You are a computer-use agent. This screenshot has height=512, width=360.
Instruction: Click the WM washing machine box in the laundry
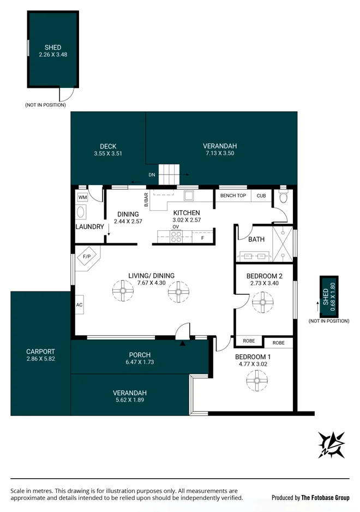pyautogui.click(x=82, y=197)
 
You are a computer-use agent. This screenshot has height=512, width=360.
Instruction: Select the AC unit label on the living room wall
pyautogui.click(x=79, y=305)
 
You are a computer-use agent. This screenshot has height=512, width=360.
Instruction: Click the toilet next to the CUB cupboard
pyautogui.click(x=282, y=199)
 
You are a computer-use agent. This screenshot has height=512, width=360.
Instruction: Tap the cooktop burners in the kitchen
pyautogui.click(x=177, y=236)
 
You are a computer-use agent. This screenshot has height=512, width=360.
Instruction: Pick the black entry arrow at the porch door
pyautogui.click(x=183, y=343)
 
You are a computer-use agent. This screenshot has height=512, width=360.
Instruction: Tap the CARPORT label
pyautogui.click(x=40, y=352)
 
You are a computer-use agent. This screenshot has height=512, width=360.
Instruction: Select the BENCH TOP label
pyautogui.click(x=233, y=195)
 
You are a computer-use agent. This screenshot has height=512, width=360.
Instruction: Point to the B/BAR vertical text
pyautogui.click(x=146, y=200)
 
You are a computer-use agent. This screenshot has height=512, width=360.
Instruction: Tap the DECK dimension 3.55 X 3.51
pyautogui.click(x=107, y=154)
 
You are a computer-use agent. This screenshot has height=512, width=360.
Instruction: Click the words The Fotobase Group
pyautogui.click(x=325, y=497)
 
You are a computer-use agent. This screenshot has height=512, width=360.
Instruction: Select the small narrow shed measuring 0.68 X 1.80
pyautogui.click(x=328, y=295)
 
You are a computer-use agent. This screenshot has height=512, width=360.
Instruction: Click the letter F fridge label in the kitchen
pyautogui.click(x=202, y=238)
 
